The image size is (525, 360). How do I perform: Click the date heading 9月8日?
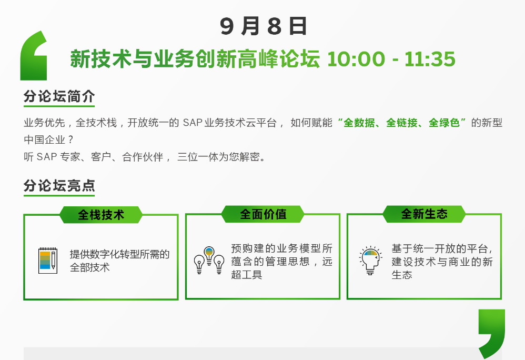263,26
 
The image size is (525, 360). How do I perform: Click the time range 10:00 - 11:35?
391,59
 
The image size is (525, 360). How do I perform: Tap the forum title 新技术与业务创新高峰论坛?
195,59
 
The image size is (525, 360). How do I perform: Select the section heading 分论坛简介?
59,96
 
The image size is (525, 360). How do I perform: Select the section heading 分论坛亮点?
59,185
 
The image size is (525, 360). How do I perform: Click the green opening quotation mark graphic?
34,56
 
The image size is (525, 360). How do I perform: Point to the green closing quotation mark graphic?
491,334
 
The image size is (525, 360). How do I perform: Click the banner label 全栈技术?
101,215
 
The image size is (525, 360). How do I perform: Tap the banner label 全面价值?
263,214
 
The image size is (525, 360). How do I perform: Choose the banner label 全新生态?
424,214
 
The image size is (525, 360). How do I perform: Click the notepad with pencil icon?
47,260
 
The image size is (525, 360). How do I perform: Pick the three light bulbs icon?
209,260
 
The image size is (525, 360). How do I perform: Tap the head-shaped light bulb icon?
370,261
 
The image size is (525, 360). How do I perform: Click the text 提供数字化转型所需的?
119,254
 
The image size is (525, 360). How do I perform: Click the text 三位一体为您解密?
218,157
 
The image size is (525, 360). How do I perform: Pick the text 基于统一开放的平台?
440,248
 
